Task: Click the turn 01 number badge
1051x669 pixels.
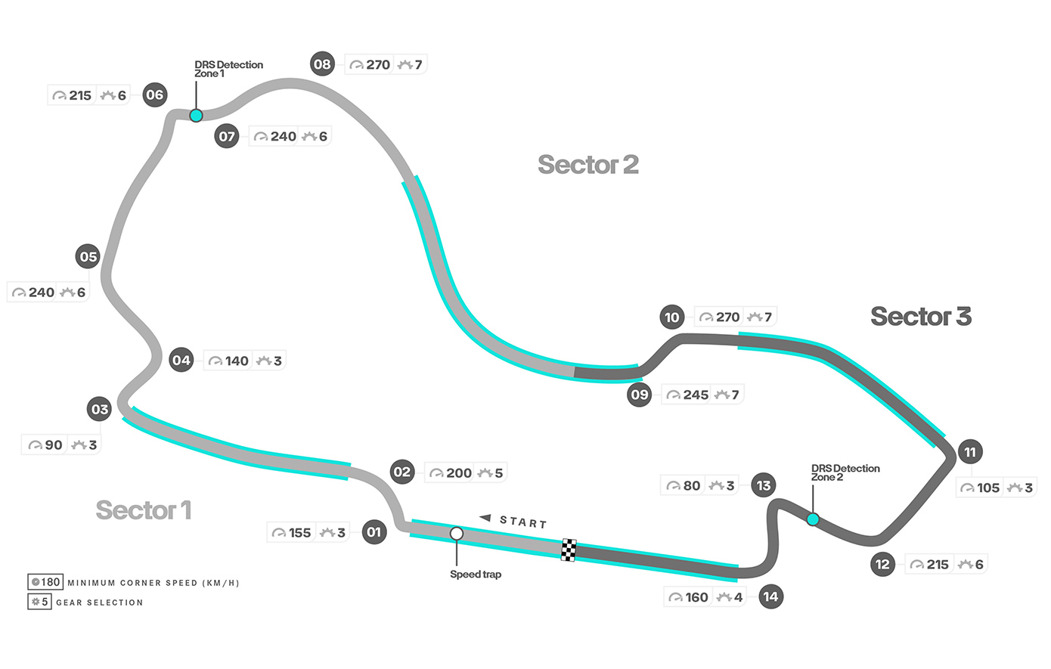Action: pyautogui.click(x=374, y=532)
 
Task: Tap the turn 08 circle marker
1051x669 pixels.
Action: pyautogui.click(x=323, y=64)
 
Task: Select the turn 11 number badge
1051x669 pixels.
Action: pyautogui.click(x=970, y=452)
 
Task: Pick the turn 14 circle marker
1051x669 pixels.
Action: pyautogui.click(x=770, y=596)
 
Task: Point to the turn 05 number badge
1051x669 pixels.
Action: pyautogui.click(x=88, y=256)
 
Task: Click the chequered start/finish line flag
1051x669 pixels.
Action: pyautogui.click(x=569, y=550)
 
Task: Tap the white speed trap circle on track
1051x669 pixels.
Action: pyautogui.click(x=457, y=534)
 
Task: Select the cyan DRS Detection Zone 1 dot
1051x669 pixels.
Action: pyautogui.click(x=196, y=116)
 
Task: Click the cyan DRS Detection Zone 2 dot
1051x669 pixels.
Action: pyautogui.click(x=813, y=519)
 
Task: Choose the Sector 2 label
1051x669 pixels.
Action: pyautogui.click(x=588, y=164)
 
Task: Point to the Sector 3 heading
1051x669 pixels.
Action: pyautogui.click(x=920, y=316)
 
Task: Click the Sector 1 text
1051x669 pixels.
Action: pyautogui.click(x=143, y=510)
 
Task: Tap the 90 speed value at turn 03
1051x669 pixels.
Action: pyautogui.click(x=54, y=445)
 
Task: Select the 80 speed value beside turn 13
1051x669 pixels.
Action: pyautogui.click(x=692, y=485)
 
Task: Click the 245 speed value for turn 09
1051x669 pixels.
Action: pyautogui.click(x=696, y=395)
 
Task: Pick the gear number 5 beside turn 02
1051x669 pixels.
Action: pyautogui.click(x=499, y=473)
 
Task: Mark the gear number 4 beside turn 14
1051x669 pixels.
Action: pyautogui.click(x=738, y=597)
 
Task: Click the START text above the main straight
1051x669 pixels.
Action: pyautogui.click(x=523, y=522)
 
